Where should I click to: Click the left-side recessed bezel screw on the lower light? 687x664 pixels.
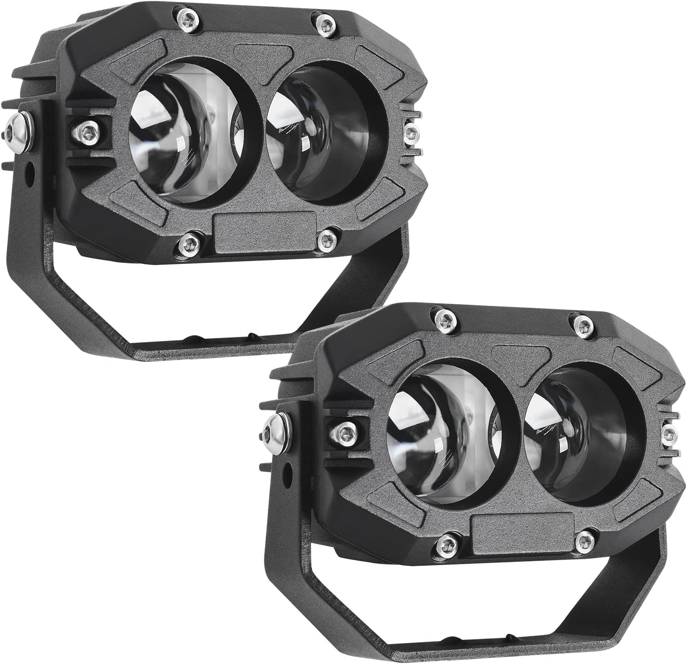coord(343,431)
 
